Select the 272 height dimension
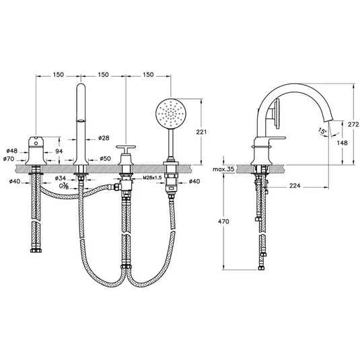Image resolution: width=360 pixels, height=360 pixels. pos(345,125)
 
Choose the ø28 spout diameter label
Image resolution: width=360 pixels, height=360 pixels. pos(104,137)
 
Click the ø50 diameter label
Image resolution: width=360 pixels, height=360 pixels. pos(106,159)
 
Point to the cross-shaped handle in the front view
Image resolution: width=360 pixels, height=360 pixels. pos(126,150)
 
